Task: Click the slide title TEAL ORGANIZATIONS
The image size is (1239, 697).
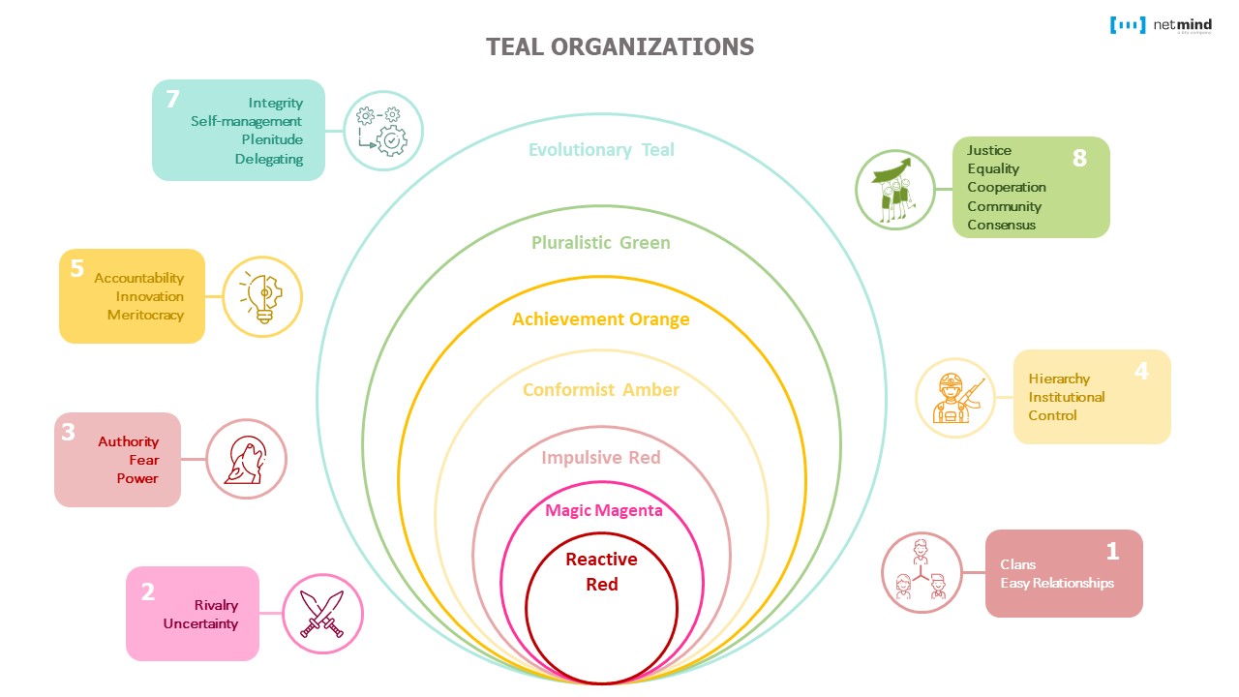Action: (x=619, y=46)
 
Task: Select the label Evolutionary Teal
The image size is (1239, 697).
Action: (x=601, y=150)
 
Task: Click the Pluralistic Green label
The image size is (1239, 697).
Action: (x=601, y=243)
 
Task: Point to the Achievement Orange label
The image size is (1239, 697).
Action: (x=601, y=319)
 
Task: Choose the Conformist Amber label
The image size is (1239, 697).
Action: (x=601, y=390)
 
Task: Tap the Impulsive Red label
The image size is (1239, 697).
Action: (x=601, y=458)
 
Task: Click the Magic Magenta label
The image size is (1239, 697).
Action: (x=604, y=510)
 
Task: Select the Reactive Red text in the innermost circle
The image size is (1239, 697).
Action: (x=601, y=571)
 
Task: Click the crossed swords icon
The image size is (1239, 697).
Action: (x=322, y=615)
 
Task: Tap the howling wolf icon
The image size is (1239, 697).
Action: (x=247, y=459)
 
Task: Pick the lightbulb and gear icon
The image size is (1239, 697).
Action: (x=262, y=296)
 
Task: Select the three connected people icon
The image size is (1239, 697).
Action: (x=922, y=572)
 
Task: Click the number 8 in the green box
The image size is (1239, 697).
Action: (x=1079, y=158)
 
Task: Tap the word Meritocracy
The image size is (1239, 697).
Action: (x=145, y=315)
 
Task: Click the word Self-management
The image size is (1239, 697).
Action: (x=246, y=122)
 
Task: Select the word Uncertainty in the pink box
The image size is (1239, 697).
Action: (x=200, y=623)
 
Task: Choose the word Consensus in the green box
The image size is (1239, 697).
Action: (x=1001, y=225)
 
